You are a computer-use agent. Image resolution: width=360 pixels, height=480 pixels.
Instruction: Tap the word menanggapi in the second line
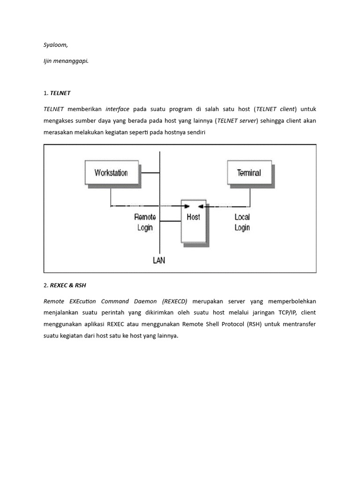click(x=73, y=60)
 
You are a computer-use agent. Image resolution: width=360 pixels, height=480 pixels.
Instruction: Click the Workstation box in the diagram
click(x=111, y=172)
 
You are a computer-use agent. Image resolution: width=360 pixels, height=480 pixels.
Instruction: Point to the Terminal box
click(x=249, y=172)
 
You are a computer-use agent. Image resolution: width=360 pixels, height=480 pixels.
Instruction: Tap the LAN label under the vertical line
click(x=159, y=260)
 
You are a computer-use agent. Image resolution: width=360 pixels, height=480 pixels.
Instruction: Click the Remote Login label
click(x=145, y=222)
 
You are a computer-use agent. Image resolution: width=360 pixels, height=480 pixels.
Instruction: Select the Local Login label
click(x=242, y=222)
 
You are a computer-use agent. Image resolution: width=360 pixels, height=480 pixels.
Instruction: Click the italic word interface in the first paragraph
click(x=117, y=109)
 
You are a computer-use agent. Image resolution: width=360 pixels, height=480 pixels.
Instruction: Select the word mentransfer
click(x=300, y=324)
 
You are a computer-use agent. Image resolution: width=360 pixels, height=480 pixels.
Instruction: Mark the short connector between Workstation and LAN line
click(x=150, y=173)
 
